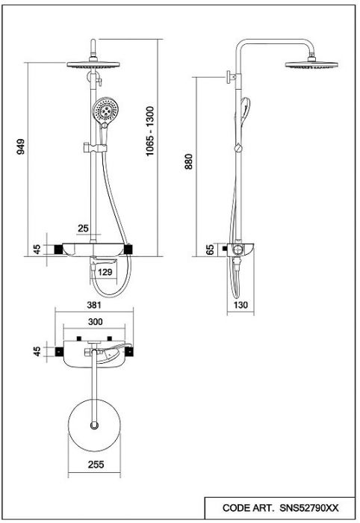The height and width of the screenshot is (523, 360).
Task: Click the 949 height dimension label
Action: [x=21, y=146]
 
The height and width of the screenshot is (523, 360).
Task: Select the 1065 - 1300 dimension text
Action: [x=150, y=131]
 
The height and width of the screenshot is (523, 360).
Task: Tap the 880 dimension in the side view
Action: [x=189, y=161]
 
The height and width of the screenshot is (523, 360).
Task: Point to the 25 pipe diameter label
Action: [x=83, y=229]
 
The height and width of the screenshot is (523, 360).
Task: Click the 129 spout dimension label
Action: [x=105, y=272]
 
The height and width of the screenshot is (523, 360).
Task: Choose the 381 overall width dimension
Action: [x=94, y=305]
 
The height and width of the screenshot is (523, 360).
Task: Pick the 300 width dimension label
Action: [x=96, y=322]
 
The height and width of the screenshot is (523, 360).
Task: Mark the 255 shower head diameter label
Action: [x=96, y=464]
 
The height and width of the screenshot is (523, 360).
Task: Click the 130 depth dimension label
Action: [x=240, y=305]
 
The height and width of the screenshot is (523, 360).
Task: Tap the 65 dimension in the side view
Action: [x=210, y=250]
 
